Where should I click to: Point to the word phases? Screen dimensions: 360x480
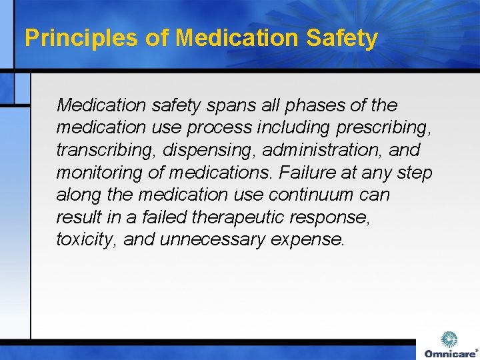click(309, 105)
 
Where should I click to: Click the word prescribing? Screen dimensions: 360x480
click(381, 128)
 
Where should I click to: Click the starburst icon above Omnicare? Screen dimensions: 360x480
click(450, 339)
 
